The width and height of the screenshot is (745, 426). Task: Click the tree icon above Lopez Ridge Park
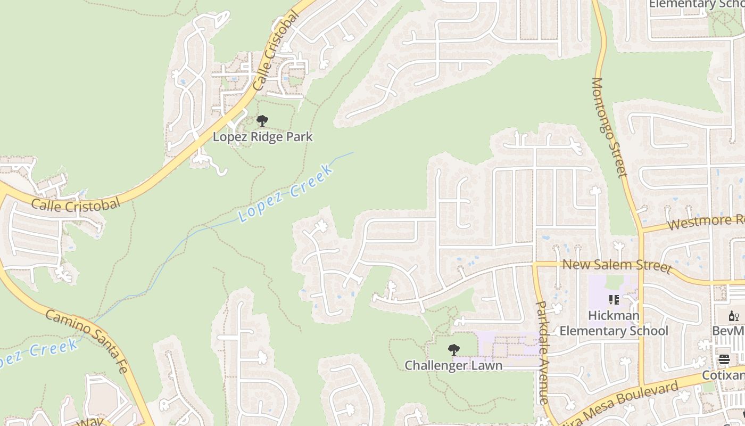[x=262, y=121]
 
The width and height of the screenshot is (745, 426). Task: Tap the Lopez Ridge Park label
[x=262, y=137]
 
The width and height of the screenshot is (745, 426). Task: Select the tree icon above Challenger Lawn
[x=453, y=350]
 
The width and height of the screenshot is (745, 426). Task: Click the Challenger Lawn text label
[x=453, y=366]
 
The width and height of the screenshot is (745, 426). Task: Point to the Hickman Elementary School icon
[x=614, y=300]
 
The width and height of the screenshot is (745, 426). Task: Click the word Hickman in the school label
[x=614, y=316]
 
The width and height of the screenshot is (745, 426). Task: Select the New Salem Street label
[x=616, y=265]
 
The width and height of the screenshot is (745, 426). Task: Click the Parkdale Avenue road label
[x=542, y=353]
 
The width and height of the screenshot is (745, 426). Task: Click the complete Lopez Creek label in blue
[x=286, y=193]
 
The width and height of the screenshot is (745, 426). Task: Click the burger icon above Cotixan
[x=724, y=359]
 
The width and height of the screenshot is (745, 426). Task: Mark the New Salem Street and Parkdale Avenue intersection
[x=534, y=264]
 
